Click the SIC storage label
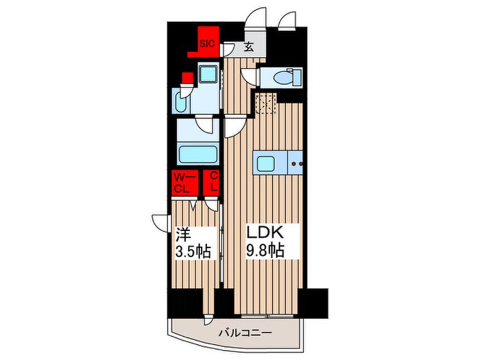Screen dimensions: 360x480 (205, 41)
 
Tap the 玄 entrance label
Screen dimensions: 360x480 (249, 48)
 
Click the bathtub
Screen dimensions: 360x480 (197, 154)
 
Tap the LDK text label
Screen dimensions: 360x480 (264, 233)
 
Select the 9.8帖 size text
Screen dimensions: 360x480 (264, 250)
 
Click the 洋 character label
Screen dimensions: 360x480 (182, 234)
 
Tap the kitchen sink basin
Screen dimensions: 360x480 (265, 164)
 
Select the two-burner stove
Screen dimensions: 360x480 (297, 164)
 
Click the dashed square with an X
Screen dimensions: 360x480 (264, 103)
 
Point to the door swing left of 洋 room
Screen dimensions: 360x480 (159, 221)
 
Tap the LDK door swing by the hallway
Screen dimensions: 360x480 (233, 126)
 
